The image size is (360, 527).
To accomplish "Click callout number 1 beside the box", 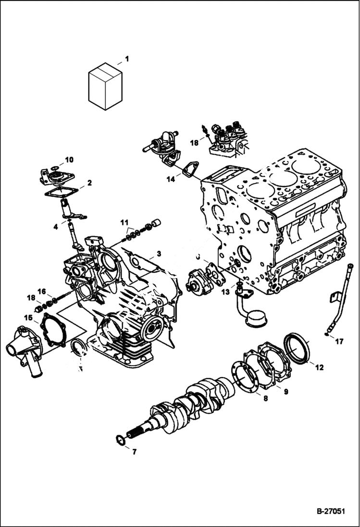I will coord(127,59).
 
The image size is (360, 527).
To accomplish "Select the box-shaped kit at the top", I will coord(105,88).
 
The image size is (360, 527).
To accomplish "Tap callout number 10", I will coord(69,159).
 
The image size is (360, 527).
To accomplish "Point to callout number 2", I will coord(89,183).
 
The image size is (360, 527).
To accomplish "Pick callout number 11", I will coord(124,223).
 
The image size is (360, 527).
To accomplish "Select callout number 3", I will coord(159,253).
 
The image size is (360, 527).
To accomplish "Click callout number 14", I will coord(171,180).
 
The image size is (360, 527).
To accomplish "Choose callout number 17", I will coord(339,342).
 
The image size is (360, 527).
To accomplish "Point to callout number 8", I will coord(265,398).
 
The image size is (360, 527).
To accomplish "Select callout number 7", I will coord(134,452).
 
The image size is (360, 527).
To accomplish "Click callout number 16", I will coord(42,291).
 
